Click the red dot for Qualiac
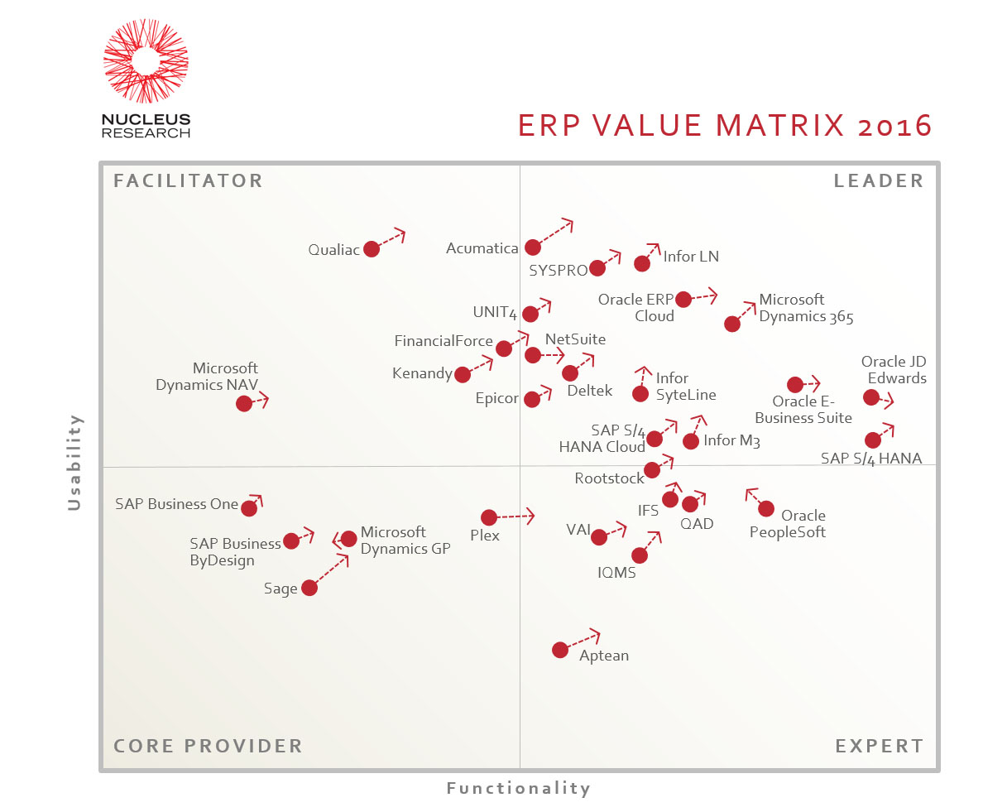pos(372,248)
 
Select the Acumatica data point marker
pos(533,247)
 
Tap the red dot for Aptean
pos(560,650)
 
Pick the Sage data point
pos(309,588)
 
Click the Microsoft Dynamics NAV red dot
pos(243,403)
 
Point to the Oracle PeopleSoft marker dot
pos(766,508)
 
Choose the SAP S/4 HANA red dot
pos(873,440)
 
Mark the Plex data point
pos(489,517)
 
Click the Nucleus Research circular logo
pos(146,61)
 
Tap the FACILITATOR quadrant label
pos(188,180)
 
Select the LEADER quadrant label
pos(879,180)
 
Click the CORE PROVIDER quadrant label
pos(208,746)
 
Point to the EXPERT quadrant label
pos(880,746)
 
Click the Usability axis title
pos(74,462)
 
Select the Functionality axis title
pos(519,788)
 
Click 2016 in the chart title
pos(895,126)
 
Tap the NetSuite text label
pos(575,339)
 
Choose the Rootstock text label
pos(609,478)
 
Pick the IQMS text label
pos(616,573)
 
